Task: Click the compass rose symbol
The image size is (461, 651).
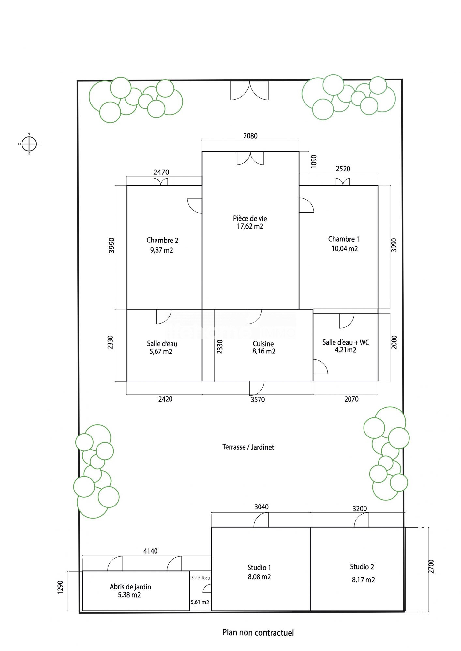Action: pos(29,144)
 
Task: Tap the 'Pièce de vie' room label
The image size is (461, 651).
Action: pos(250,218)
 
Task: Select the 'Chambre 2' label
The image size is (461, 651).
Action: pos(162,240)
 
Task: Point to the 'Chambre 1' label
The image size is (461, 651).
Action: pos(344,239)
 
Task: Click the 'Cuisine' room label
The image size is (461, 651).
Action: pos(263,344)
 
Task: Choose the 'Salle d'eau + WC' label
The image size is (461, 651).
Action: pos(346,342)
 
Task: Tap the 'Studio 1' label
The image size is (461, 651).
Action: pos(259,568)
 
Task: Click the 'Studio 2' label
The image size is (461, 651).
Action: pos(362,567)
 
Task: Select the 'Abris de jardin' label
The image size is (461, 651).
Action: pos(130,587)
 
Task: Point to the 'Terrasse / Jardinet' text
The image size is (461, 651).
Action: pos(248,447)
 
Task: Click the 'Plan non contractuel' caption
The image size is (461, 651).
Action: pos(258,633)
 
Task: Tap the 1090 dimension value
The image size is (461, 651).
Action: pos(314,161)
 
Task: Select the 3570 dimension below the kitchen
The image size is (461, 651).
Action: pos(258,400)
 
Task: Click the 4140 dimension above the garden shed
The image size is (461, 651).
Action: pos(150,551)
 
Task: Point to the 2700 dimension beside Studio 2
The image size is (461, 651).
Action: pos(431,566)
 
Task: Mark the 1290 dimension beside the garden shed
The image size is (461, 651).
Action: pos(60,587)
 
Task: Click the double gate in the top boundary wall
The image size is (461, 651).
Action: pos(250,90)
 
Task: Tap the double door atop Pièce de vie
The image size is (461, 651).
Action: pos(250,158)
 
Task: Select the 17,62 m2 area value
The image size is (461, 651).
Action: pos(250,227)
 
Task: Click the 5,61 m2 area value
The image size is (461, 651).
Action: pos(200,602)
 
